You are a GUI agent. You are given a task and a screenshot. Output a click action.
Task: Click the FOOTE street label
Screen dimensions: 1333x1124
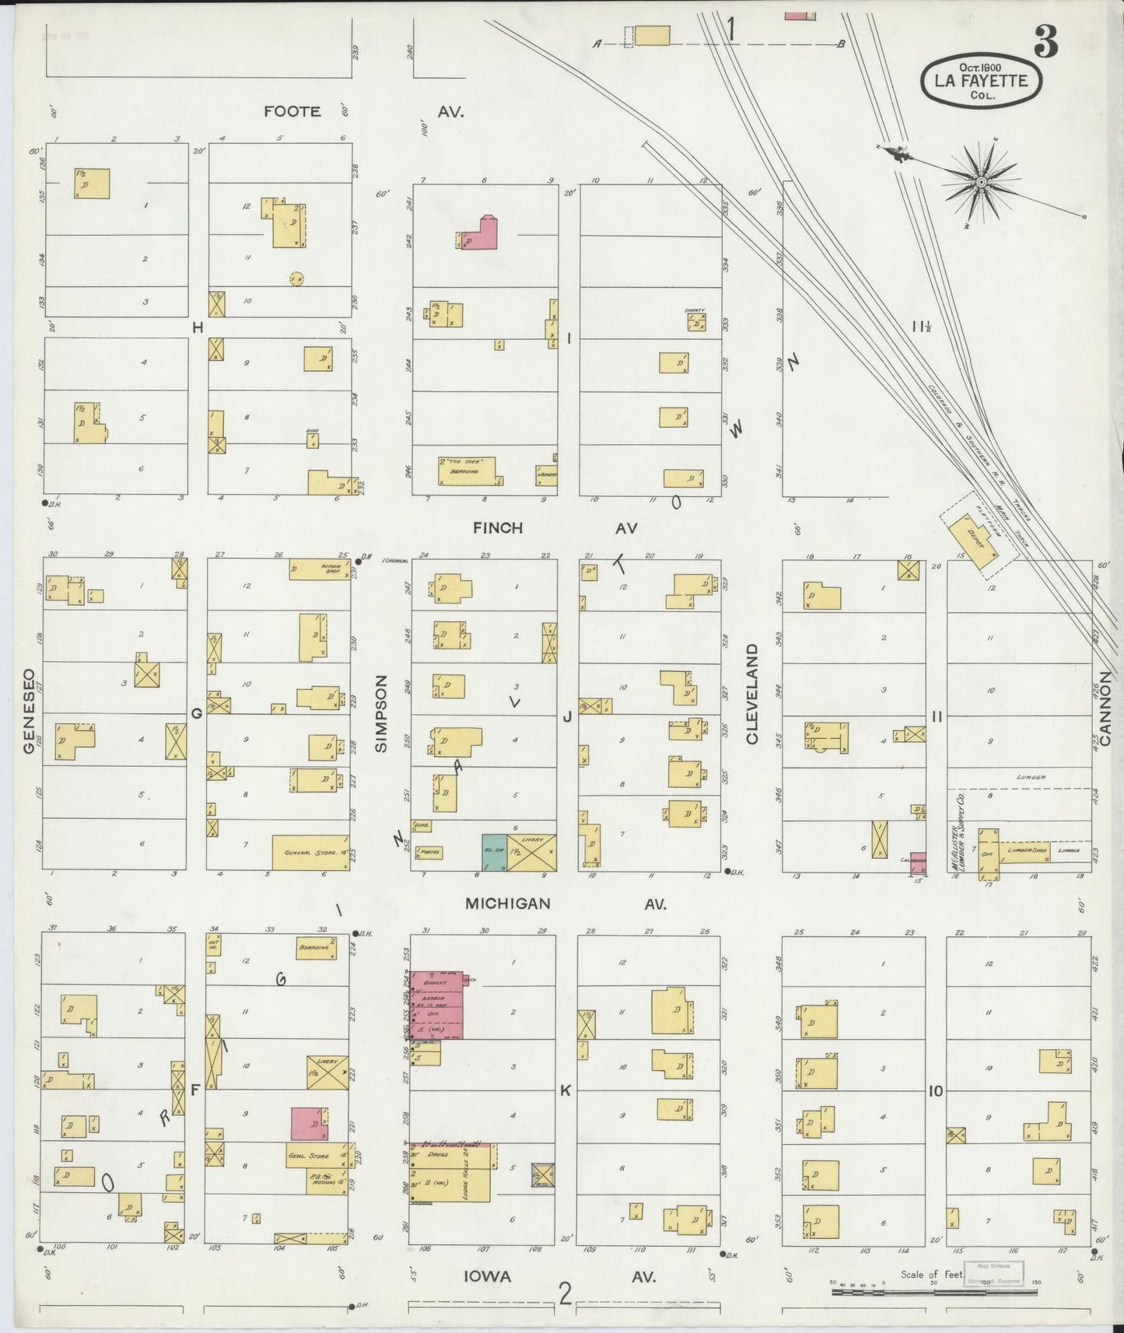tap(292, 111)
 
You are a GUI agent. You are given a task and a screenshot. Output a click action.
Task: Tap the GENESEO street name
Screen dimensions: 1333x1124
tap(30, 711)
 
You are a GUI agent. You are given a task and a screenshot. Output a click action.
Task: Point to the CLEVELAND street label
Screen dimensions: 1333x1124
tap(752, 694)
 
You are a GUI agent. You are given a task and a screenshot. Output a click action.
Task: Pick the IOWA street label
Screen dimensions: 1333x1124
tap(488, 1276)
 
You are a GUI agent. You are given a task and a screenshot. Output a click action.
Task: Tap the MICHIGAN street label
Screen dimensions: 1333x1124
tap(507, 904)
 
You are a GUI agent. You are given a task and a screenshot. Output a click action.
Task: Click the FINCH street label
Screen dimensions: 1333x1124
tap(498, 528)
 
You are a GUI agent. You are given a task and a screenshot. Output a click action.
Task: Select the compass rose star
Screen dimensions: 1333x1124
tap(981, 182)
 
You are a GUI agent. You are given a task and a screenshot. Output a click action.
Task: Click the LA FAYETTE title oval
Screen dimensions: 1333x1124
tap(981, 80)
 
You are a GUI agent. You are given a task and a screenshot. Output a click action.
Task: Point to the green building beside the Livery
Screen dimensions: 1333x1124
tap(493, 852)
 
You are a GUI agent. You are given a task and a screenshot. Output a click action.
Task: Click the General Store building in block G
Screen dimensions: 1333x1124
tap(310, 852)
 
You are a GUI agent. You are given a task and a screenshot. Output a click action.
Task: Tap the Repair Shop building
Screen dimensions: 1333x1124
tap(319, 569)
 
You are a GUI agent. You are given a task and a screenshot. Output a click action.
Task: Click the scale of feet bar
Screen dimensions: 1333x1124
tap(933, 1293)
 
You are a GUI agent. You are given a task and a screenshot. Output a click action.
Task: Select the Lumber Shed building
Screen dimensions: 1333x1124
tap(1025, 852)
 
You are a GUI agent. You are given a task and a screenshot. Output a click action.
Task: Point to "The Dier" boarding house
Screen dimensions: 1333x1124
tap(467, 471)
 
